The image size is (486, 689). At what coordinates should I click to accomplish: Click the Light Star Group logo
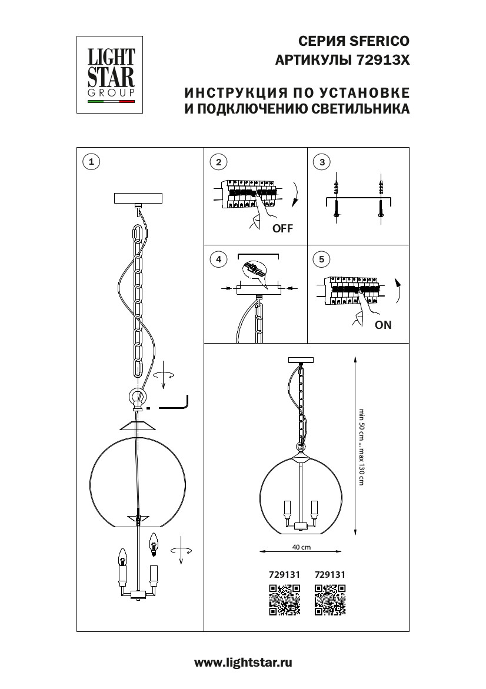tap(111, 74)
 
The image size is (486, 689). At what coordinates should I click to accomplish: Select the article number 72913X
tap(383, 60)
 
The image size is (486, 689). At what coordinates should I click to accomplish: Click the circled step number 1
tap(91, 161)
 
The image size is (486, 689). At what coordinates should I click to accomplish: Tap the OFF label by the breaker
tap(282, 229)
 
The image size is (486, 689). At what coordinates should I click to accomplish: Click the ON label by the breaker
tap(382, 325)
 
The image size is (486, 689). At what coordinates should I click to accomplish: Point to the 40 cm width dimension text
tap(301, 547)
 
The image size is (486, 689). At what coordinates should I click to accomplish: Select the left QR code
tap(284, 600)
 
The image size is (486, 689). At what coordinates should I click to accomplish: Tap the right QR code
tap(330, 600)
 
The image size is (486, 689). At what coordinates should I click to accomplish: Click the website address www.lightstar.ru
tap(243, 663)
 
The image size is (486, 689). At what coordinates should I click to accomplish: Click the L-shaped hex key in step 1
tap(172, 404)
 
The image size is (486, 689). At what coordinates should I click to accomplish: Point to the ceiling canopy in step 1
tap(139, 198)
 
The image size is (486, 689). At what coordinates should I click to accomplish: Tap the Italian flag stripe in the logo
tap(111, 102)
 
